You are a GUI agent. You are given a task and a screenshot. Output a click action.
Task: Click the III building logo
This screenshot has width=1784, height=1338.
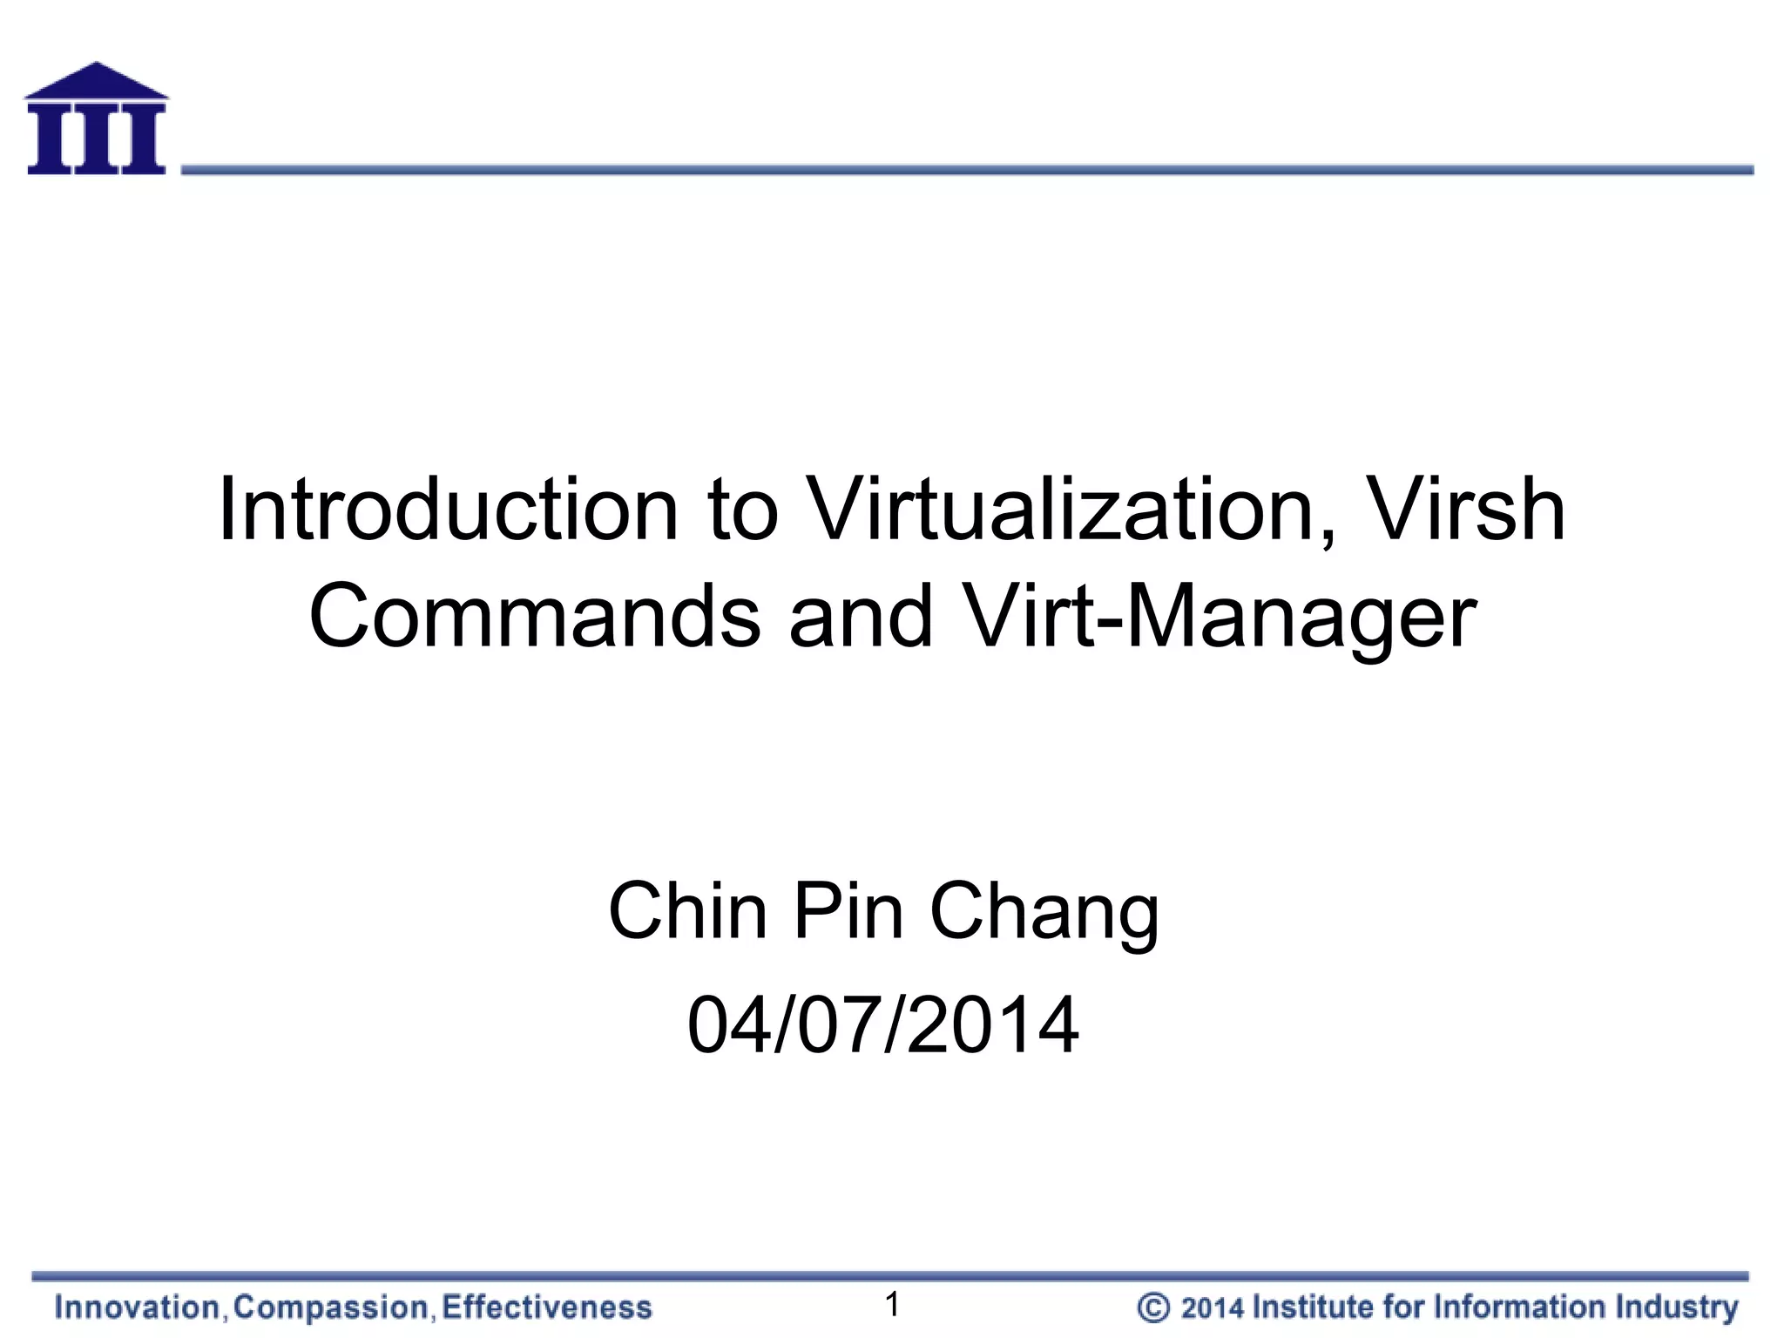click(x=96, y=120)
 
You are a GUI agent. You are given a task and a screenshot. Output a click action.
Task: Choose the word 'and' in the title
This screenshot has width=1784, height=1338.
click(x=861, y=617)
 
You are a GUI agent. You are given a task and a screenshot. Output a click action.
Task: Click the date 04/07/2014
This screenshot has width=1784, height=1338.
click(x=883, y=1025)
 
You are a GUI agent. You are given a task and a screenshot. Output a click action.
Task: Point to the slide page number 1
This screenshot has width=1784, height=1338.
click(x=892, y=1304)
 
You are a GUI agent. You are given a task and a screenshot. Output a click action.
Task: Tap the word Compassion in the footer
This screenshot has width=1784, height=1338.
click(x=331, y=1308)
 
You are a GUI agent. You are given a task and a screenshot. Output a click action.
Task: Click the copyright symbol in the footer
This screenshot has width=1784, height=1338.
click(x=1153, y=1308)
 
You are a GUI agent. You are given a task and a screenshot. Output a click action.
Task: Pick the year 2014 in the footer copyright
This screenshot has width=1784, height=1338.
click(x=1212, y=1308)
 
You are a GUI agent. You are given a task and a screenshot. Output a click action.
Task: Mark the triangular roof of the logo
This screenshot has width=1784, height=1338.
click(x=96, y=81)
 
